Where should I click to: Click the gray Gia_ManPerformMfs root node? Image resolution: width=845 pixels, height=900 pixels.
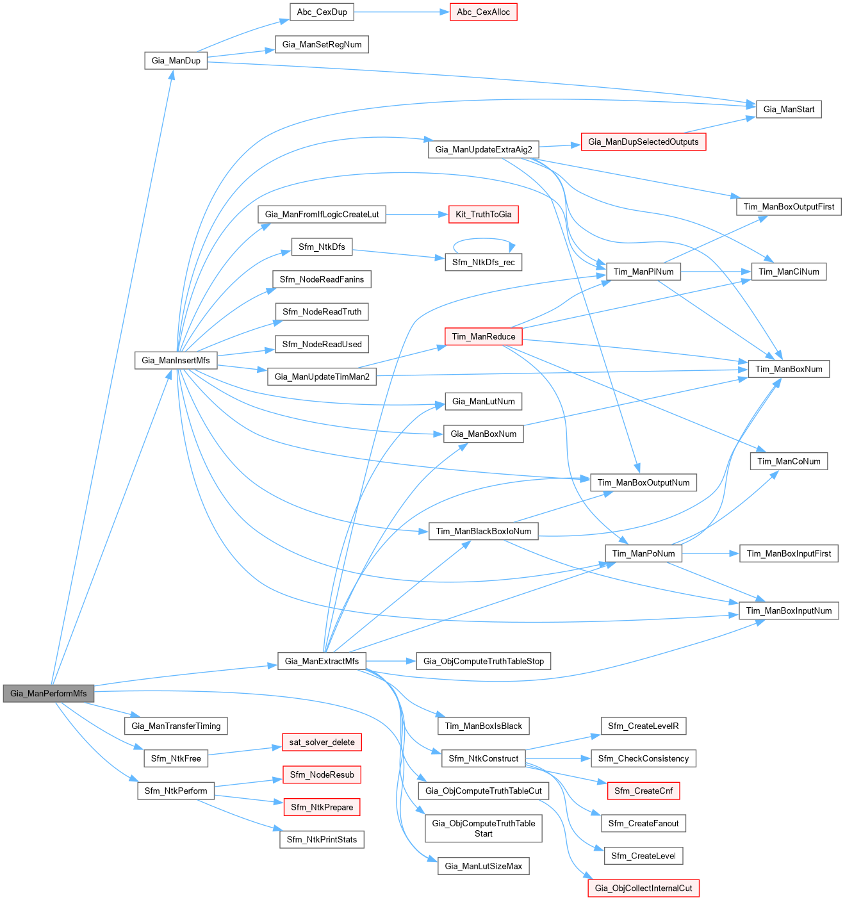[x=49, y=693]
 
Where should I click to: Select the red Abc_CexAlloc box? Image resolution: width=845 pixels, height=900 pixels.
[x=483, y=12]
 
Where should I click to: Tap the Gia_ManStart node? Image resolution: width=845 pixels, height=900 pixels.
[x=789, y=110]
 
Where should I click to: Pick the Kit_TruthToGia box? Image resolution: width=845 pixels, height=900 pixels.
[x=484, y=215]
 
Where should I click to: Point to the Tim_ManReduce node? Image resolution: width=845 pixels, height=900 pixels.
[x=484, y=336]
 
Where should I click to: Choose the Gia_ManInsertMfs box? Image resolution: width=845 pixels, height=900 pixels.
[x=176, y=360]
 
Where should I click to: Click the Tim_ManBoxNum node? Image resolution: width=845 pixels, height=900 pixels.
[x=789, y=369]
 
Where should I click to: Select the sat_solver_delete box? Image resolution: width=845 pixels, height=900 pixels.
[x=322, y=742]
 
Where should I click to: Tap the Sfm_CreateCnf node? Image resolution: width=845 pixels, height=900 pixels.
[x=643, y=791]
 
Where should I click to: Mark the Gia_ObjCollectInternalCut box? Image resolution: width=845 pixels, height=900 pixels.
[x=643, y=888]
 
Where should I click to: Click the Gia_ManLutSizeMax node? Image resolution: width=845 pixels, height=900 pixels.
[x=484, y=866]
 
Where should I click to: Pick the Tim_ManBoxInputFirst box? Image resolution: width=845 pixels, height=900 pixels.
[x=789, y=553]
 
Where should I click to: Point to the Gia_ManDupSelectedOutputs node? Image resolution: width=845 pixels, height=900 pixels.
[x=643, y=142]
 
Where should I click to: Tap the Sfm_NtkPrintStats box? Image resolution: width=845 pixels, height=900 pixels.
[x=322, y=840]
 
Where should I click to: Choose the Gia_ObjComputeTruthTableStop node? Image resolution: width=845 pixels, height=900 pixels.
[x=484, y=661]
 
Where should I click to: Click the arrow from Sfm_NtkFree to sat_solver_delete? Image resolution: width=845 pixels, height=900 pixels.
[x=245, y=751]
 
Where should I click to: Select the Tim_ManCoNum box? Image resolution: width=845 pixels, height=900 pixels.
[x=789, y=461]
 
